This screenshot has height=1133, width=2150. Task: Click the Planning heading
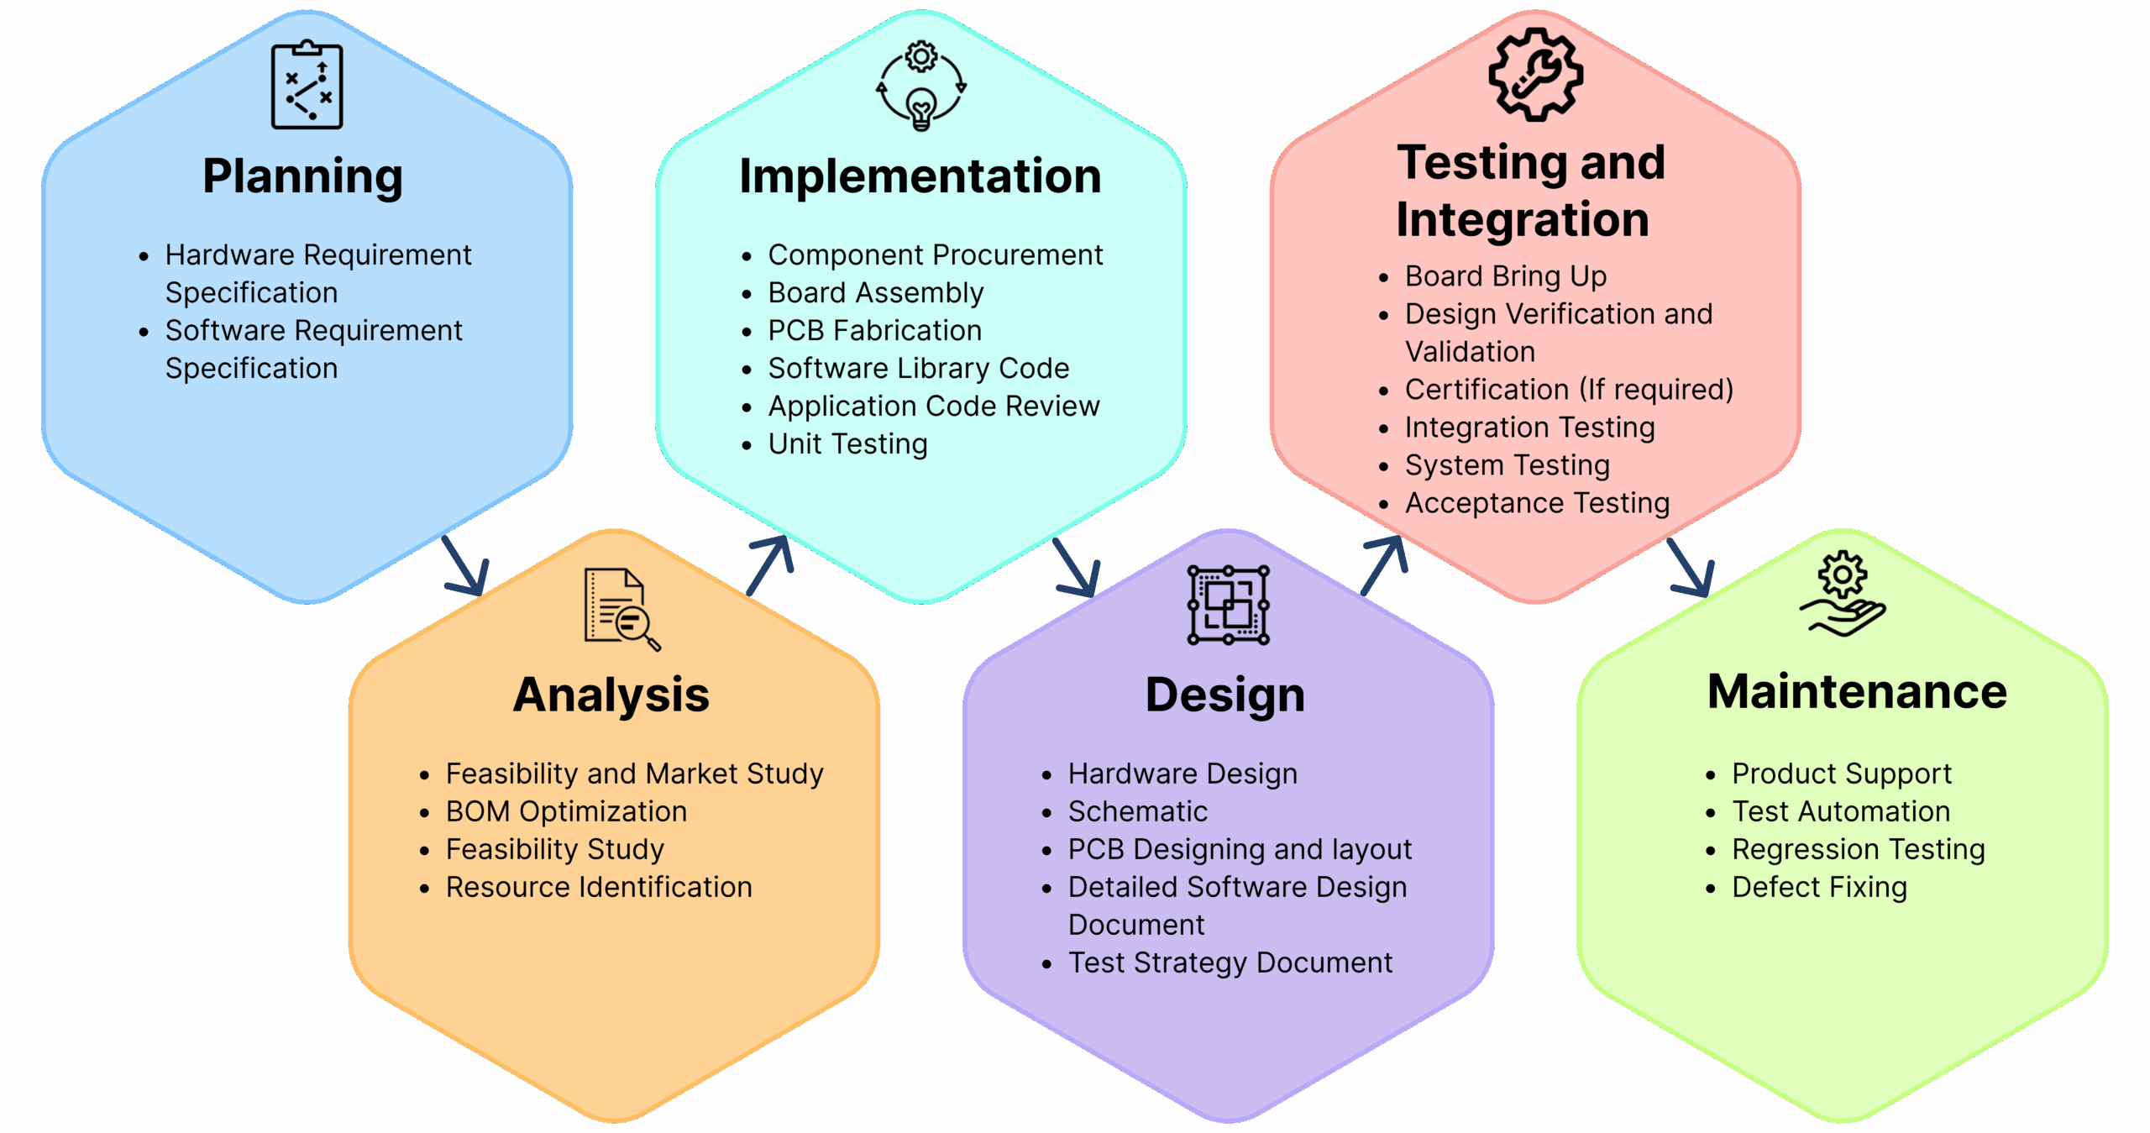pos(302,176)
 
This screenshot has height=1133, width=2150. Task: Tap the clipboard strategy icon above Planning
pos(307,85)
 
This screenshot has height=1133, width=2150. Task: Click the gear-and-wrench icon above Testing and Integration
pos(1535,75)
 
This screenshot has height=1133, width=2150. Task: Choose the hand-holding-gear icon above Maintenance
pos(1843,594)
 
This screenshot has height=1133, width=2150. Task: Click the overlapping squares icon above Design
pos(1228,605)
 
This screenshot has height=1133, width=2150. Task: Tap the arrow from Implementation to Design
pos(1077,567)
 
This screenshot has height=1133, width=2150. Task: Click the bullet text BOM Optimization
pos(566,811)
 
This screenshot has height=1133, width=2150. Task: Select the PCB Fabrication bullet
pos(874,331)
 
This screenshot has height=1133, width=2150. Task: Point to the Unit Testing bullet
pos(847,444)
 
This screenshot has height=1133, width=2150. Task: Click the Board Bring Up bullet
pos(1505,276)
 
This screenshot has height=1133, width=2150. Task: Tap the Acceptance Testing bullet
pos(1537,503)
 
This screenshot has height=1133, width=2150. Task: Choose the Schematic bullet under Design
pos(1137,811)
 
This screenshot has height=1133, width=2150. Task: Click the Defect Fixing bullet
pos(1819,887)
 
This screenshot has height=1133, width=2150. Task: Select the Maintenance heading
pos(1857,692)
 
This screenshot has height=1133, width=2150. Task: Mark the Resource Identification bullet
pos(598,887)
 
